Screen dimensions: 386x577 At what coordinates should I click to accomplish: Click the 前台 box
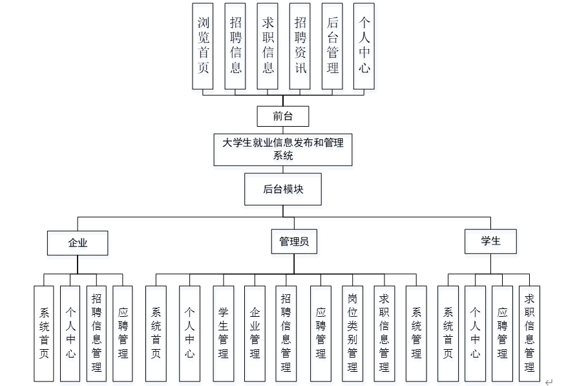click(x=282, y=116)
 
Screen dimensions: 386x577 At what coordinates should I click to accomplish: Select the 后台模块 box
click(x=282, y=189)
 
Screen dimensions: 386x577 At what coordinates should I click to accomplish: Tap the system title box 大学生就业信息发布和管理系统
click(x=283, y=149)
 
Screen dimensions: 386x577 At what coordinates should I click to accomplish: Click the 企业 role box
click(x=78, y=242)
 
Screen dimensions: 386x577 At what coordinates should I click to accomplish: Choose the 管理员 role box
click(x=293, y=242)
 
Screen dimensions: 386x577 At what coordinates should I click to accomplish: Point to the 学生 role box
click(x=490, y=241)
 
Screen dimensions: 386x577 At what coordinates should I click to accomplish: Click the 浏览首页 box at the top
click(x=203, y=46)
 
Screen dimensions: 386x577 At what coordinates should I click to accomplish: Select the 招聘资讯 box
click(x=300, y=46)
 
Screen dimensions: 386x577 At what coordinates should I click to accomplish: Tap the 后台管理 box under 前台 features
click(x=332, y=46)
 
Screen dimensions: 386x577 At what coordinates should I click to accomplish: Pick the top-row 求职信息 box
click(x=268, y=46)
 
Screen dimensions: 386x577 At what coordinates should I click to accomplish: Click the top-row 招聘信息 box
click(x=235, y=46)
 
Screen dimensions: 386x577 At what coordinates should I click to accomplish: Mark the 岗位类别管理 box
click(x=352, y=333)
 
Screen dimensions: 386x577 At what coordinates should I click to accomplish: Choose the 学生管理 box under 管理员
click(x=223, y=333)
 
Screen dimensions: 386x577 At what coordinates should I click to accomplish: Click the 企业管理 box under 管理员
click(x=255, y=333)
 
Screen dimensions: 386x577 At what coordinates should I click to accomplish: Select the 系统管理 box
click(x=416, y=333)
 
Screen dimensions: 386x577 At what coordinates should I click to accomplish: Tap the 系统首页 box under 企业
click(x=44, y=333)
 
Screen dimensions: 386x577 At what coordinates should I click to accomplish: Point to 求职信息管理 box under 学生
click(x=529, y=333)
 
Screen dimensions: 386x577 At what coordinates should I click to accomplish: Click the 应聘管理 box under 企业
click(x=123, y=333)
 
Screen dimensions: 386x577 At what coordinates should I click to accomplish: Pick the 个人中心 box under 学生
click(x=475, y=333)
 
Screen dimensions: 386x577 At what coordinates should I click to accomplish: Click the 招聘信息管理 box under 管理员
click(x=286, y=333)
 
